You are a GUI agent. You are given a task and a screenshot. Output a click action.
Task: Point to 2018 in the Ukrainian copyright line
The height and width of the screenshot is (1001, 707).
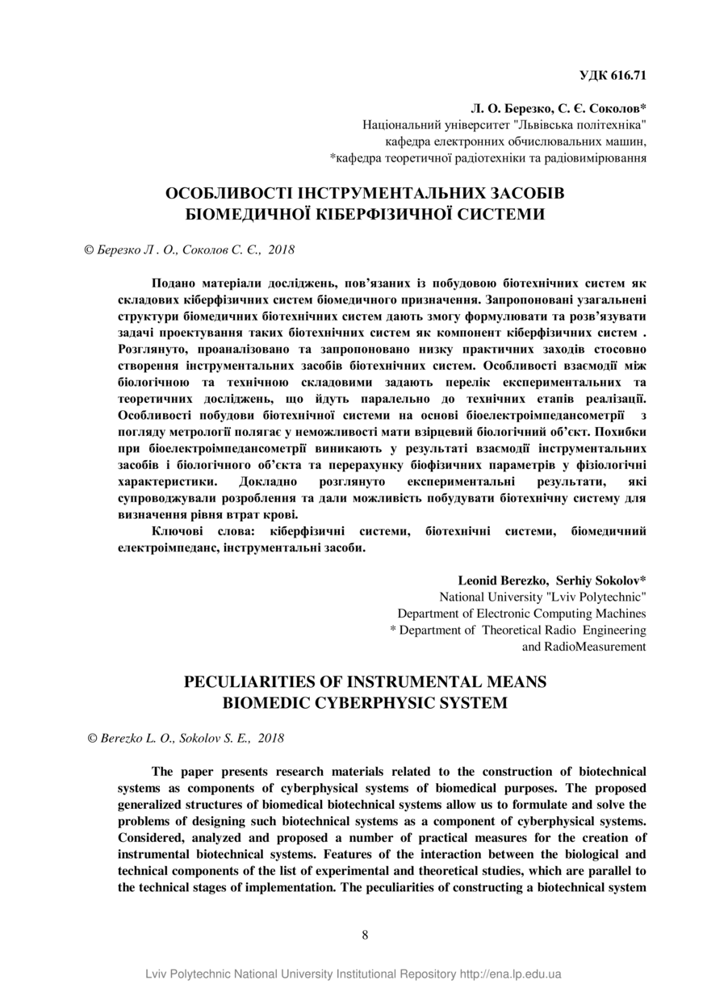click(281, 250)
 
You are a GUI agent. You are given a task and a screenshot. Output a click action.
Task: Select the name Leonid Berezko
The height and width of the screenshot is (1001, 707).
click(504, 580)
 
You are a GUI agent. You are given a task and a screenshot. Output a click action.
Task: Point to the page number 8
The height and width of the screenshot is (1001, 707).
click(365, 935)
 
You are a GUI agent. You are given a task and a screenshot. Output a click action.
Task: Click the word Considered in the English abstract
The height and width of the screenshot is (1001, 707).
click(148, 836)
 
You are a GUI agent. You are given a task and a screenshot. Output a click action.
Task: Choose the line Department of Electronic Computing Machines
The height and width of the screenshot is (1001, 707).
click(521, 614)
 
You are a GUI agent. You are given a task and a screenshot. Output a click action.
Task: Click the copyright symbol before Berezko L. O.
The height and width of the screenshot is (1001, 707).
click(92, 739)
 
